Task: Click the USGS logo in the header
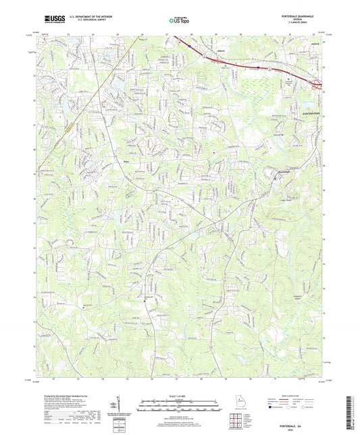(53, 20)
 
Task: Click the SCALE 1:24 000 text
(180, 395)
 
